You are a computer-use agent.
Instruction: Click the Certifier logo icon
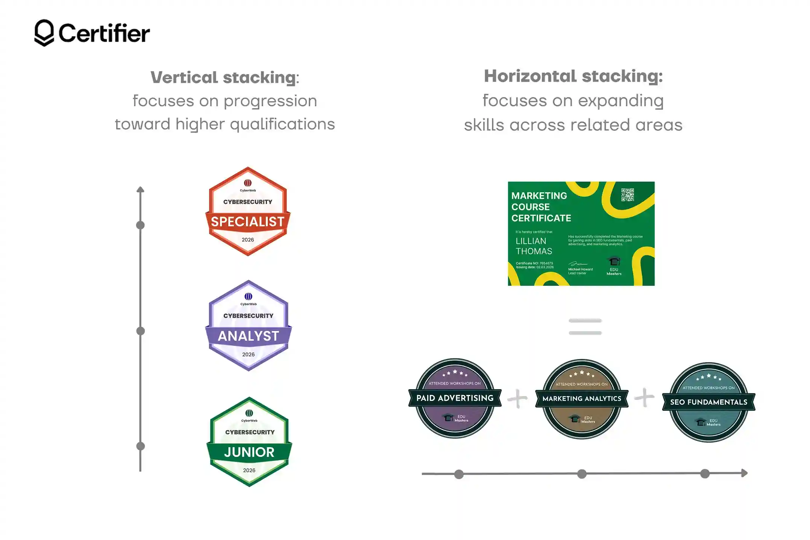[x=44, y=33]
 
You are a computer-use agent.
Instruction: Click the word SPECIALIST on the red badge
[x=247, y=222]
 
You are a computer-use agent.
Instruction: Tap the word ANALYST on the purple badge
[x=248, y=336]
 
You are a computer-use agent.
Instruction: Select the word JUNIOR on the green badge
[x=249, y=452]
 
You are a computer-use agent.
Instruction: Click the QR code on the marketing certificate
[x=627, y=195]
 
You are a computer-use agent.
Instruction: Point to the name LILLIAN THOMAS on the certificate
[x=534, y=246]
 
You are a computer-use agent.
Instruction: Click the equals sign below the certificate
[x=585, y=326]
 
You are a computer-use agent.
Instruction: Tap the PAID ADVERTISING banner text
[x=455, y=398]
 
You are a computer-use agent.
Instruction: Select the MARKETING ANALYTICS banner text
[x=582, y=399]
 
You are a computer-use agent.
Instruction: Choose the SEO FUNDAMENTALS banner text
[x=708, y=402]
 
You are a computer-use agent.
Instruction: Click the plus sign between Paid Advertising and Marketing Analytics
[x=517, y=399]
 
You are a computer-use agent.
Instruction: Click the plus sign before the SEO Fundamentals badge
[x=644, y=397]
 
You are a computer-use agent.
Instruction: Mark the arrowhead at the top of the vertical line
[x=140, y=189]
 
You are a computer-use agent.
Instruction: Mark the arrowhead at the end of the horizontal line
[x=744, y=473]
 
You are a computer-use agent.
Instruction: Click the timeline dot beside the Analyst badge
[x=140, y=331]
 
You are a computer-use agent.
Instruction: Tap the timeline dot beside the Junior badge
[x=140, y=446]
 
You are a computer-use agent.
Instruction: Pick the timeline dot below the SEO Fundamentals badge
[x=705, y=474]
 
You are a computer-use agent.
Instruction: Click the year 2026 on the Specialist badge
[x=248, y=240]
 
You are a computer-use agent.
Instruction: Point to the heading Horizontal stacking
[x=573, y=76]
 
